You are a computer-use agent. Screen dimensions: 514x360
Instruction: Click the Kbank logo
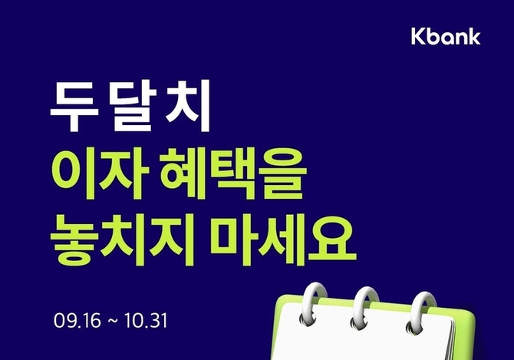pos(446,36)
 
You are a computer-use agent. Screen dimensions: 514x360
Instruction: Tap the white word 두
pos(74,106)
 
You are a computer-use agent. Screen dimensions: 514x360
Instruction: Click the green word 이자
pos(100,173)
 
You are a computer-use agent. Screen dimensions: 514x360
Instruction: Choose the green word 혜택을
pos(233,173)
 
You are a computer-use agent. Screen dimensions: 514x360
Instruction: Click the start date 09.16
pos(77,321)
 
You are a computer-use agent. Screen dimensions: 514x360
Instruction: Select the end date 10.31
pos(146,321)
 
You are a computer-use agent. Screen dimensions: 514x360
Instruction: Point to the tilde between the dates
pos(113,322)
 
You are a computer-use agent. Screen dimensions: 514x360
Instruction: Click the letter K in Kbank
pos(418,36)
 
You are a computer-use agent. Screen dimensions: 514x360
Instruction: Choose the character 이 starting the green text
pos(74,173)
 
